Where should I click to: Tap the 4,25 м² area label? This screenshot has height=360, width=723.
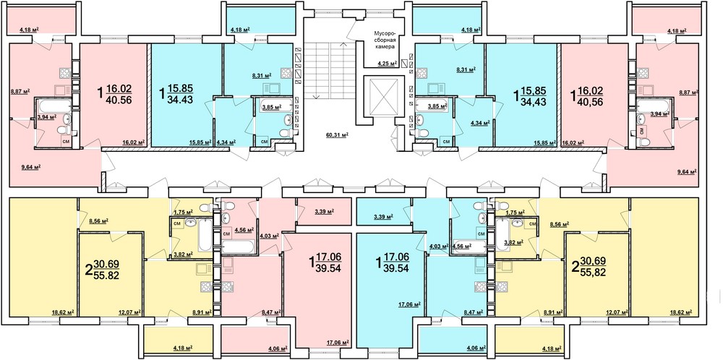coord(386,64)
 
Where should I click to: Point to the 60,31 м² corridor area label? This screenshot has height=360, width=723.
coord(337,134)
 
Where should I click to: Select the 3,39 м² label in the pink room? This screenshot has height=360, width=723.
coord(324,212)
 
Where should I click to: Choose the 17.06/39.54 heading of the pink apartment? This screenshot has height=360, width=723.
coord(325,262)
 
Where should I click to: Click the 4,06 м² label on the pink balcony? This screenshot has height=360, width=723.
coord(278,348)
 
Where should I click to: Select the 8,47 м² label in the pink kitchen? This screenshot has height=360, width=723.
coord(270,312)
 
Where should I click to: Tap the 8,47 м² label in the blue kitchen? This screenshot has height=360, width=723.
coord(473,312)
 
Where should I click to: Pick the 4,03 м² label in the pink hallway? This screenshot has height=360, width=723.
coord(269,236)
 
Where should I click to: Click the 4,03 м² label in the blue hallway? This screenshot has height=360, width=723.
coord(439,247)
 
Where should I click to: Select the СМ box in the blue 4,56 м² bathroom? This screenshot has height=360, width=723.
coord(481,234)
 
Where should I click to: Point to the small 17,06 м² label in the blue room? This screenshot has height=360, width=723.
coord(410,304)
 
